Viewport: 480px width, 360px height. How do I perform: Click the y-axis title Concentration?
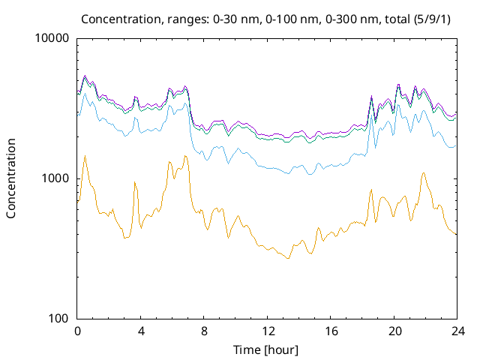[x=11, y=178]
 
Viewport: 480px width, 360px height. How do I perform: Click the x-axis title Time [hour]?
[x=267, y=350]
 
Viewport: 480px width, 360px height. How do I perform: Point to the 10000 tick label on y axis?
[x=52, y=38]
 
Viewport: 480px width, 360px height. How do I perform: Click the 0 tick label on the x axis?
[x=77, y=331]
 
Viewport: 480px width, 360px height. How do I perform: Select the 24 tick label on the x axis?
[x=456, y=331]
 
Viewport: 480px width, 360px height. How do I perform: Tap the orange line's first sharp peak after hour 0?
[x=85, y=156]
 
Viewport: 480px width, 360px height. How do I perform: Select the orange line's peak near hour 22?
[x=424, y=172]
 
